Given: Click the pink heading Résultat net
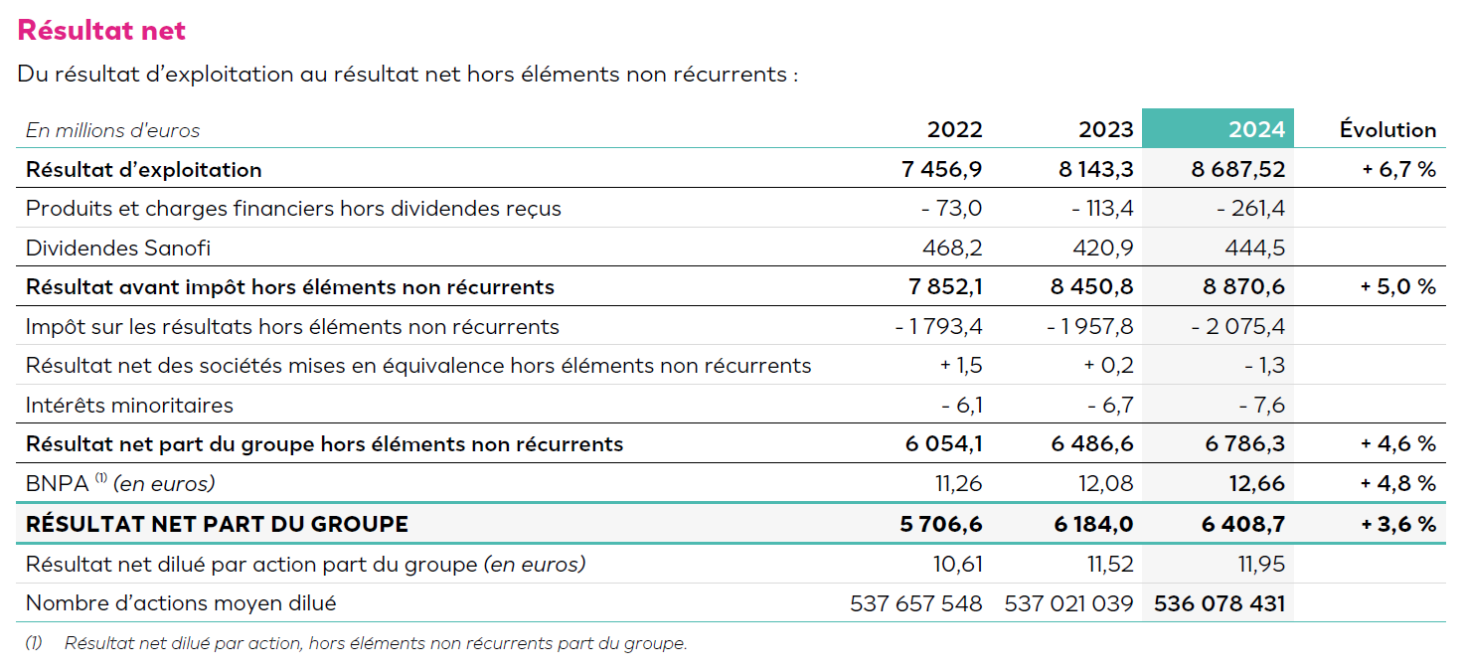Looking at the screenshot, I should [x=101, y=31].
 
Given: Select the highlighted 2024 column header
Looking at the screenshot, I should [x=1256, y=129].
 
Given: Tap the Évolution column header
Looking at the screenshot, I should [x=1387, y=129].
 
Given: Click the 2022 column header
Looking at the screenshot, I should [x=954, y=129].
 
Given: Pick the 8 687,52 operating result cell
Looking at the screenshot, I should [x=1238, y=169].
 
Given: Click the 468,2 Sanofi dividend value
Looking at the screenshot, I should [x=954, y=248].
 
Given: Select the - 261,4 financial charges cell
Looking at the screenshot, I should [x=1251, y=209].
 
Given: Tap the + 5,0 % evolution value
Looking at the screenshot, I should [x=1398, y=287].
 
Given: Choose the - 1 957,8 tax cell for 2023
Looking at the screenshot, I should [x=1090, y=326].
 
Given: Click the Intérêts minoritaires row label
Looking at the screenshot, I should [x=129, y=405].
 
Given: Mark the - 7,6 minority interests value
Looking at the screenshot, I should [x=1262, y=405].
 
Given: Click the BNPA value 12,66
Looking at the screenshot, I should [x=1256, y=484].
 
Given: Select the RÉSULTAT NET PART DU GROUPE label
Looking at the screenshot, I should [x=217, y=524].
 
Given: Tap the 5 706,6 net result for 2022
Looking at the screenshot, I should [x=940, y=524].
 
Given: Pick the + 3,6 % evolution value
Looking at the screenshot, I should [x=1398, y=524].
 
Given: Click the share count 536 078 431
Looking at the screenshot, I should [x=1220, y=603].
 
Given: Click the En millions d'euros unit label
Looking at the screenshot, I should [x=112, y=130].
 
